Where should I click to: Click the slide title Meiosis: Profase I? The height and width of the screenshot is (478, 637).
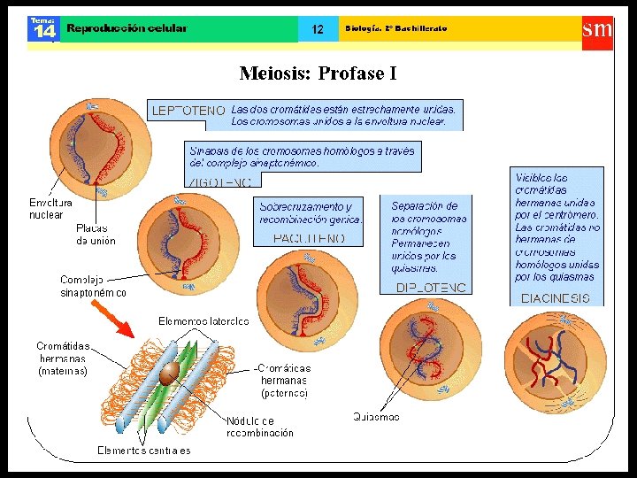point(318,73)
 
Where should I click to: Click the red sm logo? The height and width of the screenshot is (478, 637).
point(596,28)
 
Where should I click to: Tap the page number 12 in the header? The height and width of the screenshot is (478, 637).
point(318,29)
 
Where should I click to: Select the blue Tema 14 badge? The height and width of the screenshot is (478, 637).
point(42,28)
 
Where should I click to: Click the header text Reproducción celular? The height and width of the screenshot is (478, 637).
point(127,28)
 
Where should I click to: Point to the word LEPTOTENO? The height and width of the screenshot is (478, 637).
point(188,111)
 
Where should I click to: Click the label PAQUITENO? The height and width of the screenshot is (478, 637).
point(309,238)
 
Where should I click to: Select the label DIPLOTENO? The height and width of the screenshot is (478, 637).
point(431,288)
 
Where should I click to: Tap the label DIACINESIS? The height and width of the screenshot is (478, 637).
point(556,298)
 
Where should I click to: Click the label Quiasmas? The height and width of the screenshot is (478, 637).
point(376,416)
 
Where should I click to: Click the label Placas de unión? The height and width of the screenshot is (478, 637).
point(96,234)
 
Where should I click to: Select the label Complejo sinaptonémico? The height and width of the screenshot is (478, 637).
point(93,286)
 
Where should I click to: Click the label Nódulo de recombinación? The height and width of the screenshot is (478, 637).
point(259,427)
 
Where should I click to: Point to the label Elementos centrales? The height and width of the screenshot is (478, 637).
point(143,451)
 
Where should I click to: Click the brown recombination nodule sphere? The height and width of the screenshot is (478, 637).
point(166,375)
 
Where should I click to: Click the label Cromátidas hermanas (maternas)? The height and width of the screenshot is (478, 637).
point(63,358)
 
